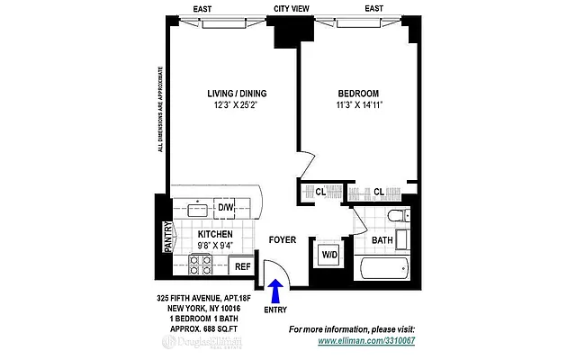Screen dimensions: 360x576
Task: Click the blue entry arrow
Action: tap(276, 289)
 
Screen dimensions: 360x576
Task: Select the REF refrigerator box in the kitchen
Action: tap(242, 266)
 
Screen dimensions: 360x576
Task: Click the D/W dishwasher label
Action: tap(225, 209)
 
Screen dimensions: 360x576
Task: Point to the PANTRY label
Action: tap(166, 238)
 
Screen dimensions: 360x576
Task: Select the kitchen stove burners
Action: tap(201, 264)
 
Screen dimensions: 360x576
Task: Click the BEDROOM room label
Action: tap(358, 94)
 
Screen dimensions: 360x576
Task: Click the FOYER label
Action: tap(283, 240)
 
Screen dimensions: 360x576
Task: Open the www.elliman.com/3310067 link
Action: tap(364, 342)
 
